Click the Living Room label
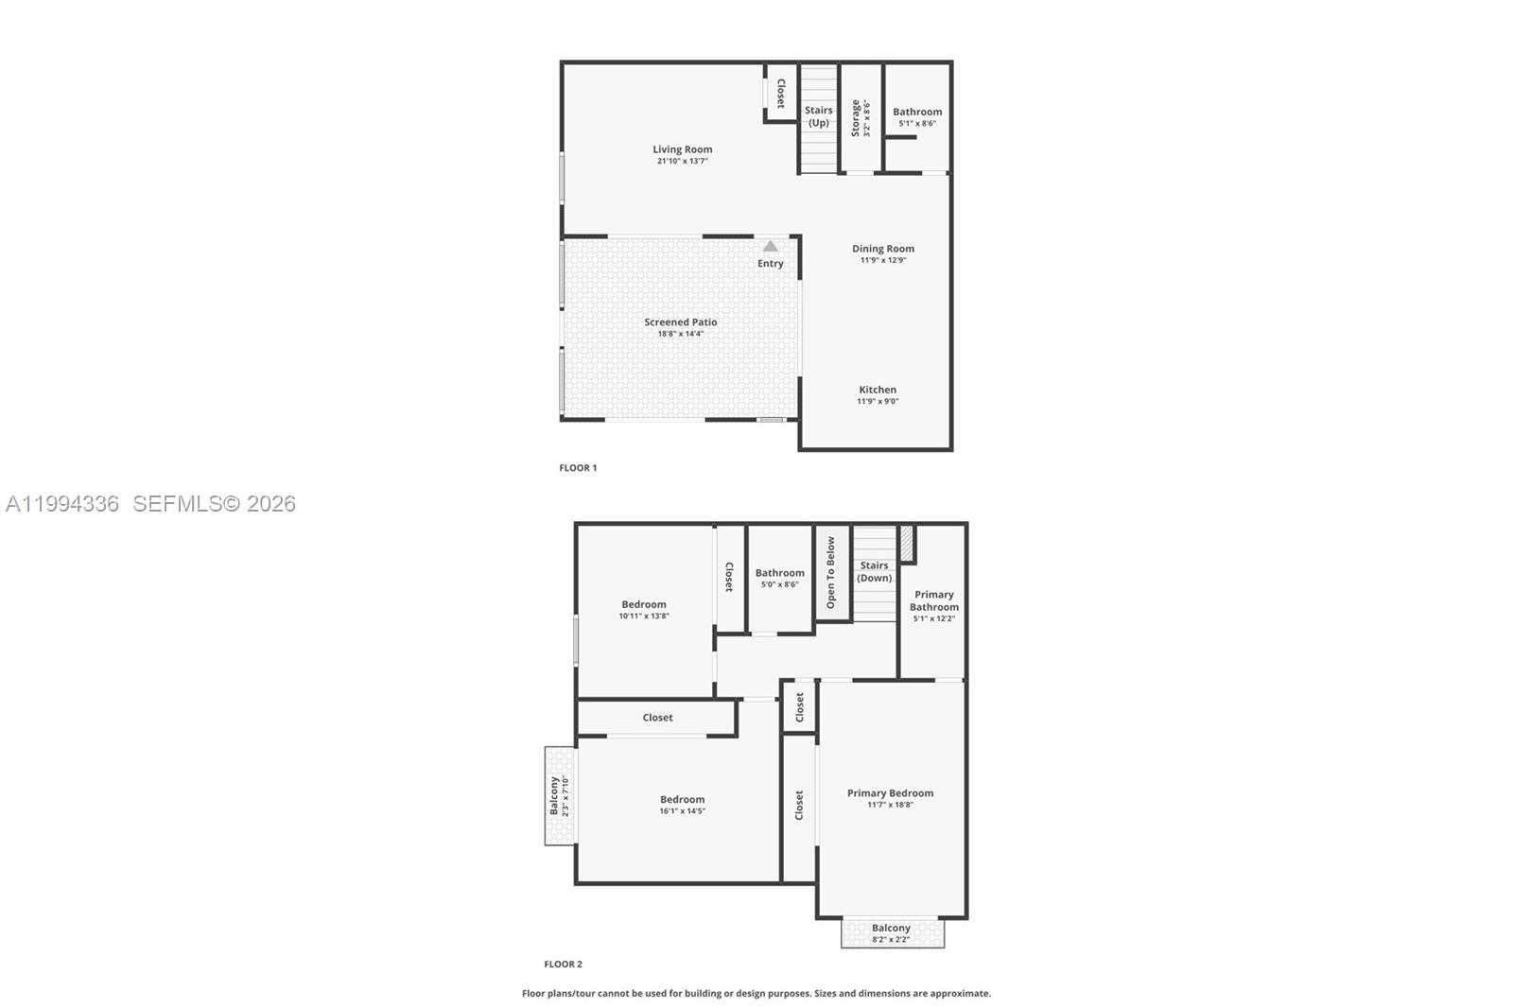pos(682,149)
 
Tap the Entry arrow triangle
pos(771,247)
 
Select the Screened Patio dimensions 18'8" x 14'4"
pos(681,334)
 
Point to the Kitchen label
pos(878,390)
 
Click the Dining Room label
pos(883,249)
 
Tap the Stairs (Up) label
pos(819,116)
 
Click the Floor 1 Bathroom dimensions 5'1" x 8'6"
pos(917,123)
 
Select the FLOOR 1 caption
pos(578,467)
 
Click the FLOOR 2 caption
pos(564,964)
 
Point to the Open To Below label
pos(831,572)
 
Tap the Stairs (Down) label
pos(875,572)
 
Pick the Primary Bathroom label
pos(934,600)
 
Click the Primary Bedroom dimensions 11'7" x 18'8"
pos(891,805)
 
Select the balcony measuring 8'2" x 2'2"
pos(892,932)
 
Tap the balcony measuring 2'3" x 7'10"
pos(559,795)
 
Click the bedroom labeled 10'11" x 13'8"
pos(644,610)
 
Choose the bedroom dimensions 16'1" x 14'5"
pos(683,810)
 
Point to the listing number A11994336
pos(62,504)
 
